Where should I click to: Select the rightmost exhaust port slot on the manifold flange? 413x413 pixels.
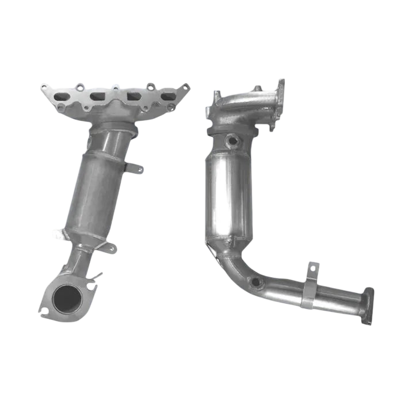(167, 97)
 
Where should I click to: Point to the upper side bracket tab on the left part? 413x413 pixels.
(135, 168)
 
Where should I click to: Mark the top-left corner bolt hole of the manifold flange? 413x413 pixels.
(44, 88)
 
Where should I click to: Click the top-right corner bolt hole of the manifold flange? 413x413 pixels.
(185, 87)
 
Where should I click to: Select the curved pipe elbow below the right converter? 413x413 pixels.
(236, 262)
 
